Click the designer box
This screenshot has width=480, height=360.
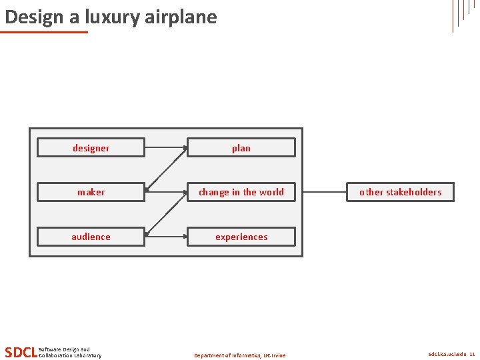(91, 147)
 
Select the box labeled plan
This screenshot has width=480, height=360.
(241, 147)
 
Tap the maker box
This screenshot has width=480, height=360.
(91, 192)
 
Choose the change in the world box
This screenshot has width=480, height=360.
(241, 192)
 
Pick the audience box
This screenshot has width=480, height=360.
(91, 237)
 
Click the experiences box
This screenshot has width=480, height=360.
(241, 237)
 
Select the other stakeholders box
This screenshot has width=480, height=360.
(400, 192)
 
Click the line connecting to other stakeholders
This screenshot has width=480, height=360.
(325, 192)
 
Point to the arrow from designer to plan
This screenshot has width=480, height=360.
(165, 147)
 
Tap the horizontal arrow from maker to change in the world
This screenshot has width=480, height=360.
(165, 192)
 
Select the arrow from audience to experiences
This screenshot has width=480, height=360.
(165, 237)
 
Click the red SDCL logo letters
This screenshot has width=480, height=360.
(20, 352)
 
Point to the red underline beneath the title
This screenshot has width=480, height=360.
(44, 31)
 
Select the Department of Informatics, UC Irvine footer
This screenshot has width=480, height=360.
(239, 355)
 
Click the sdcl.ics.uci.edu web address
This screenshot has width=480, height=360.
(447, 355)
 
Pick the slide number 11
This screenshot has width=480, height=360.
(472, 355)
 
